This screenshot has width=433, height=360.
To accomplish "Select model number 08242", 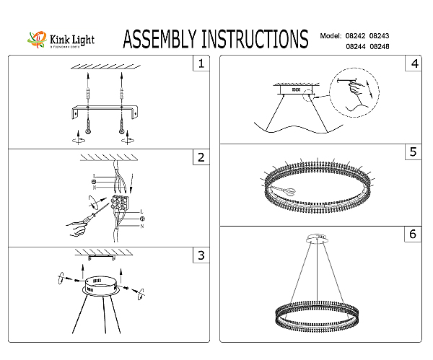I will pos(356,35).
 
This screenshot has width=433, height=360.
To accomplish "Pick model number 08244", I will pos(356,45).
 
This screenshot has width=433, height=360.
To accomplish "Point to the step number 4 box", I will pos(413,64).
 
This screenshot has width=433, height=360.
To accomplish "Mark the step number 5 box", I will pos(413,152).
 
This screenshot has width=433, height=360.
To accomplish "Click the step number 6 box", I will pos(413,234).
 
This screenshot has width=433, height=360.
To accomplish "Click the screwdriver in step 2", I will pos(85,220).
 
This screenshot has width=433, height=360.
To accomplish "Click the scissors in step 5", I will pos(284,188).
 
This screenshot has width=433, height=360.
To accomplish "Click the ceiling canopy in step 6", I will pos(318,237).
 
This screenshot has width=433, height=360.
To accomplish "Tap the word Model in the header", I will pos(329,35).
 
